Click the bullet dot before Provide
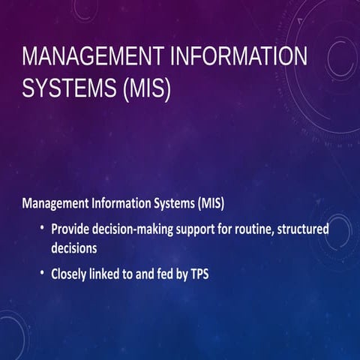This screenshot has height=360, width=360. (43, 228)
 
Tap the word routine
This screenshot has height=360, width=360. (259, 228)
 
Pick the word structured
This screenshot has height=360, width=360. (304, 228)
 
